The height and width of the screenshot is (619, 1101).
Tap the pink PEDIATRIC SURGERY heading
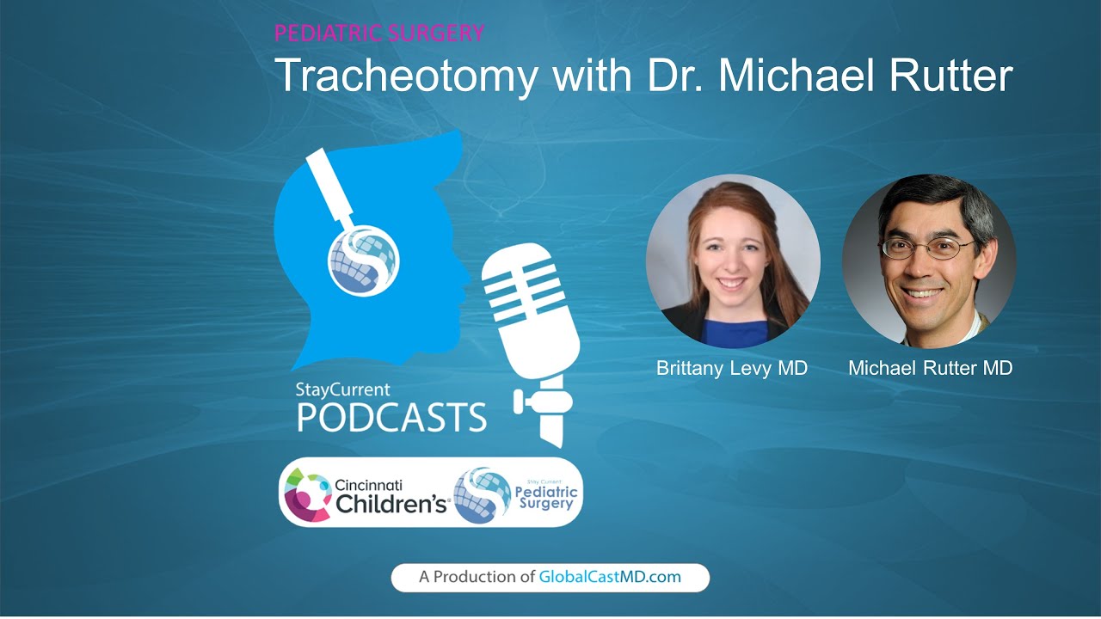point(378,34)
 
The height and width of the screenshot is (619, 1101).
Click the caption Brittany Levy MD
point(732,368)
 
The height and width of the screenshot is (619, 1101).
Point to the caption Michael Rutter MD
point(930,368)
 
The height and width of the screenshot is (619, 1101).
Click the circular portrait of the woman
point(733,261)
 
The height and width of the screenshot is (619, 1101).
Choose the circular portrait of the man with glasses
point(929,261)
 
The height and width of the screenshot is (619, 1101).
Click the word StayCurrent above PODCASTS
point(342,389)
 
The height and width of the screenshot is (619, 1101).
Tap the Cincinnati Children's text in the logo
point(391,497)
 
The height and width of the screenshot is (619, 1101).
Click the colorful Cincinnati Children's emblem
point(306,493)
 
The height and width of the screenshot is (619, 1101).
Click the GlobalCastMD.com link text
point(610,577)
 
